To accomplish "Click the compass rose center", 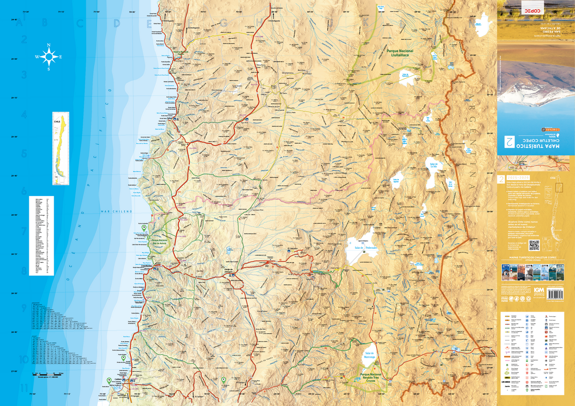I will tap(49, 57).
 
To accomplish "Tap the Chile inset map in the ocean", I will tap(61, 149).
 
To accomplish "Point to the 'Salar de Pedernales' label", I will tap(367, 248).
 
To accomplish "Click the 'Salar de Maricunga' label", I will tap(369, 355).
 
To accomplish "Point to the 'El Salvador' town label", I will tap(292, 248).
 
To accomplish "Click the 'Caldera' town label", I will tap(117, 378).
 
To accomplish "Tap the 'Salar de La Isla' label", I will tap(437, 165).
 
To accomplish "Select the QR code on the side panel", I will tap(534, 245).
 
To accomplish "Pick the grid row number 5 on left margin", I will tap(23, 154).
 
